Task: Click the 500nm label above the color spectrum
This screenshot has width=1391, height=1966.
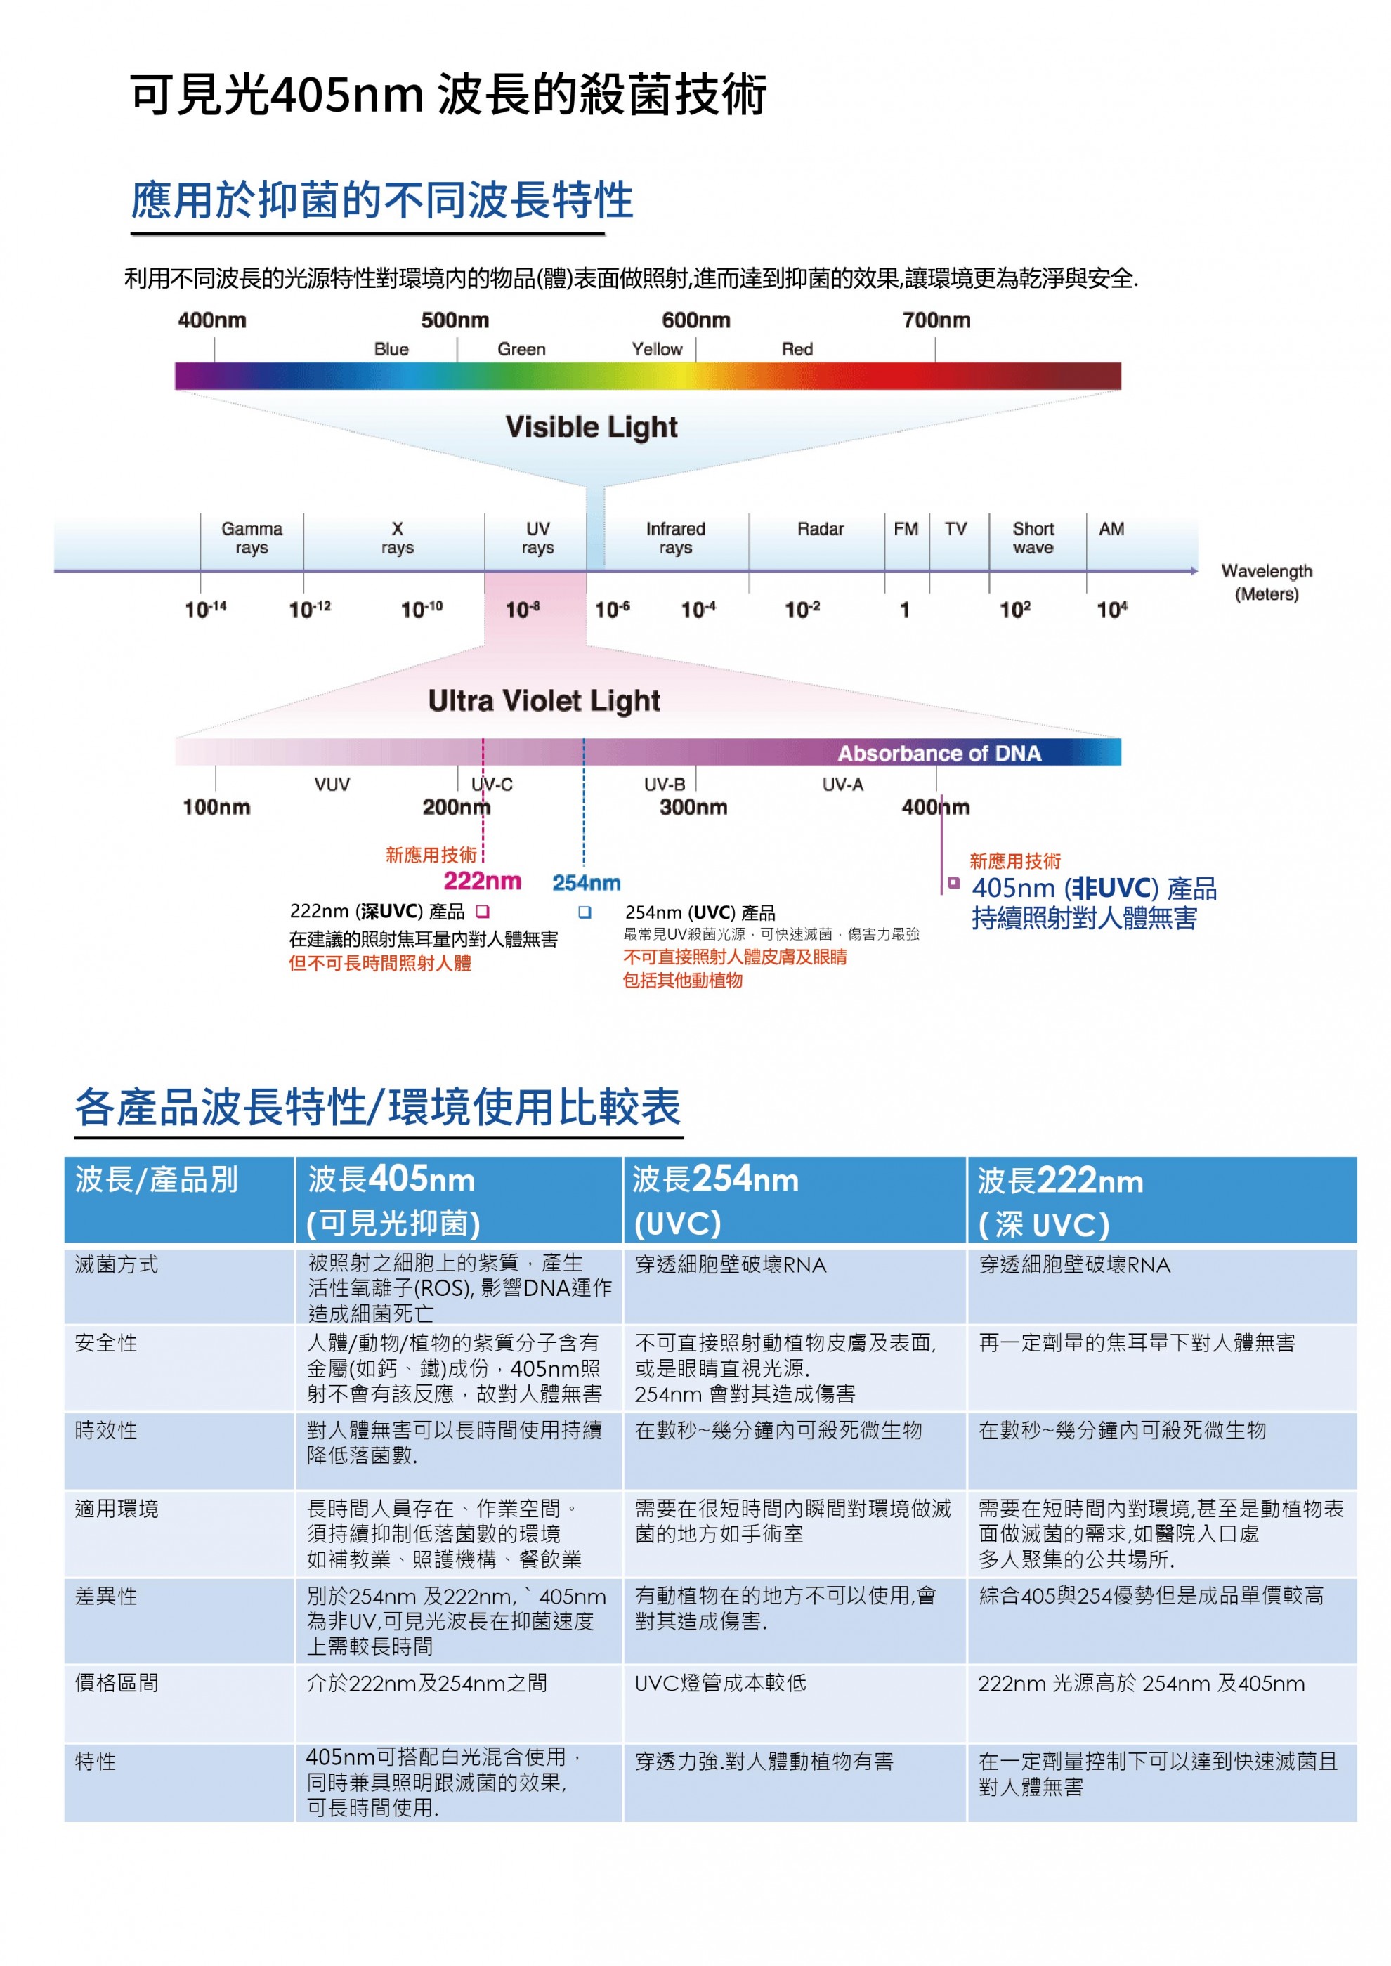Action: (455, 320)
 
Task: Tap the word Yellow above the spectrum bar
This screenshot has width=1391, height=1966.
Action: (657, 349)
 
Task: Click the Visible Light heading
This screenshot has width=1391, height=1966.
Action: (591, 427)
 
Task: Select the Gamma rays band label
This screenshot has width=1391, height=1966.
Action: (252, 538)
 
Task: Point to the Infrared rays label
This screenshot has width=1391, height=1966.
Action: (676, 538)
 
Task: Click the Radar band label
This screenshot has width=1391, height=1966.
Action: (820, 529)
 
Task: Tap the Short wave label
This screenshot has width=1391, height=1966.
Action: (1033, 538)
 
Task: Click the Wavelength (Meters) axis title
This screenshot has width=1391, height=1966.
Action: (1266, 582)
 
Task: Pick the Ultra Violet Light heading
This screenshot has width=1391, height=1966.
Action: (544, 701)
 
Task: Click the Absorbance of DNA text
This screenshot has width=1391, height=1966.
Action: (939, 754)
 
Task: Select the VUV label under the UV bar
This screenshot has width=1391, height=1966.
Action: (332, 785)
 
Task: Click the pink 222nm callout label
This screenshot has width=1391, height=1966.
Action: (482, 881)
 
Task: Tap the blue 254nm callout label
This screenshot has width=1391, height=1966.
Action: (586, 883)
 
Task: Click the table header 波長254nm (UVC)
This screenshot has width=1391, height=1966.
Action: (715, 1200)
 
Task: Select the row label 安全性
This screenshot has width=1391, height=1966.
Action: (106, 1343)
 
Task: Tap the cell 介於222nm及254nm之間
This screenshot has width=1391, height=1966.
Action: (426, 1684)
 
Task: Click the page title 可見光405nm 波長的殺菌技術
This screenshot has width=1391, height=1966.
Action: (448, 94)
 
